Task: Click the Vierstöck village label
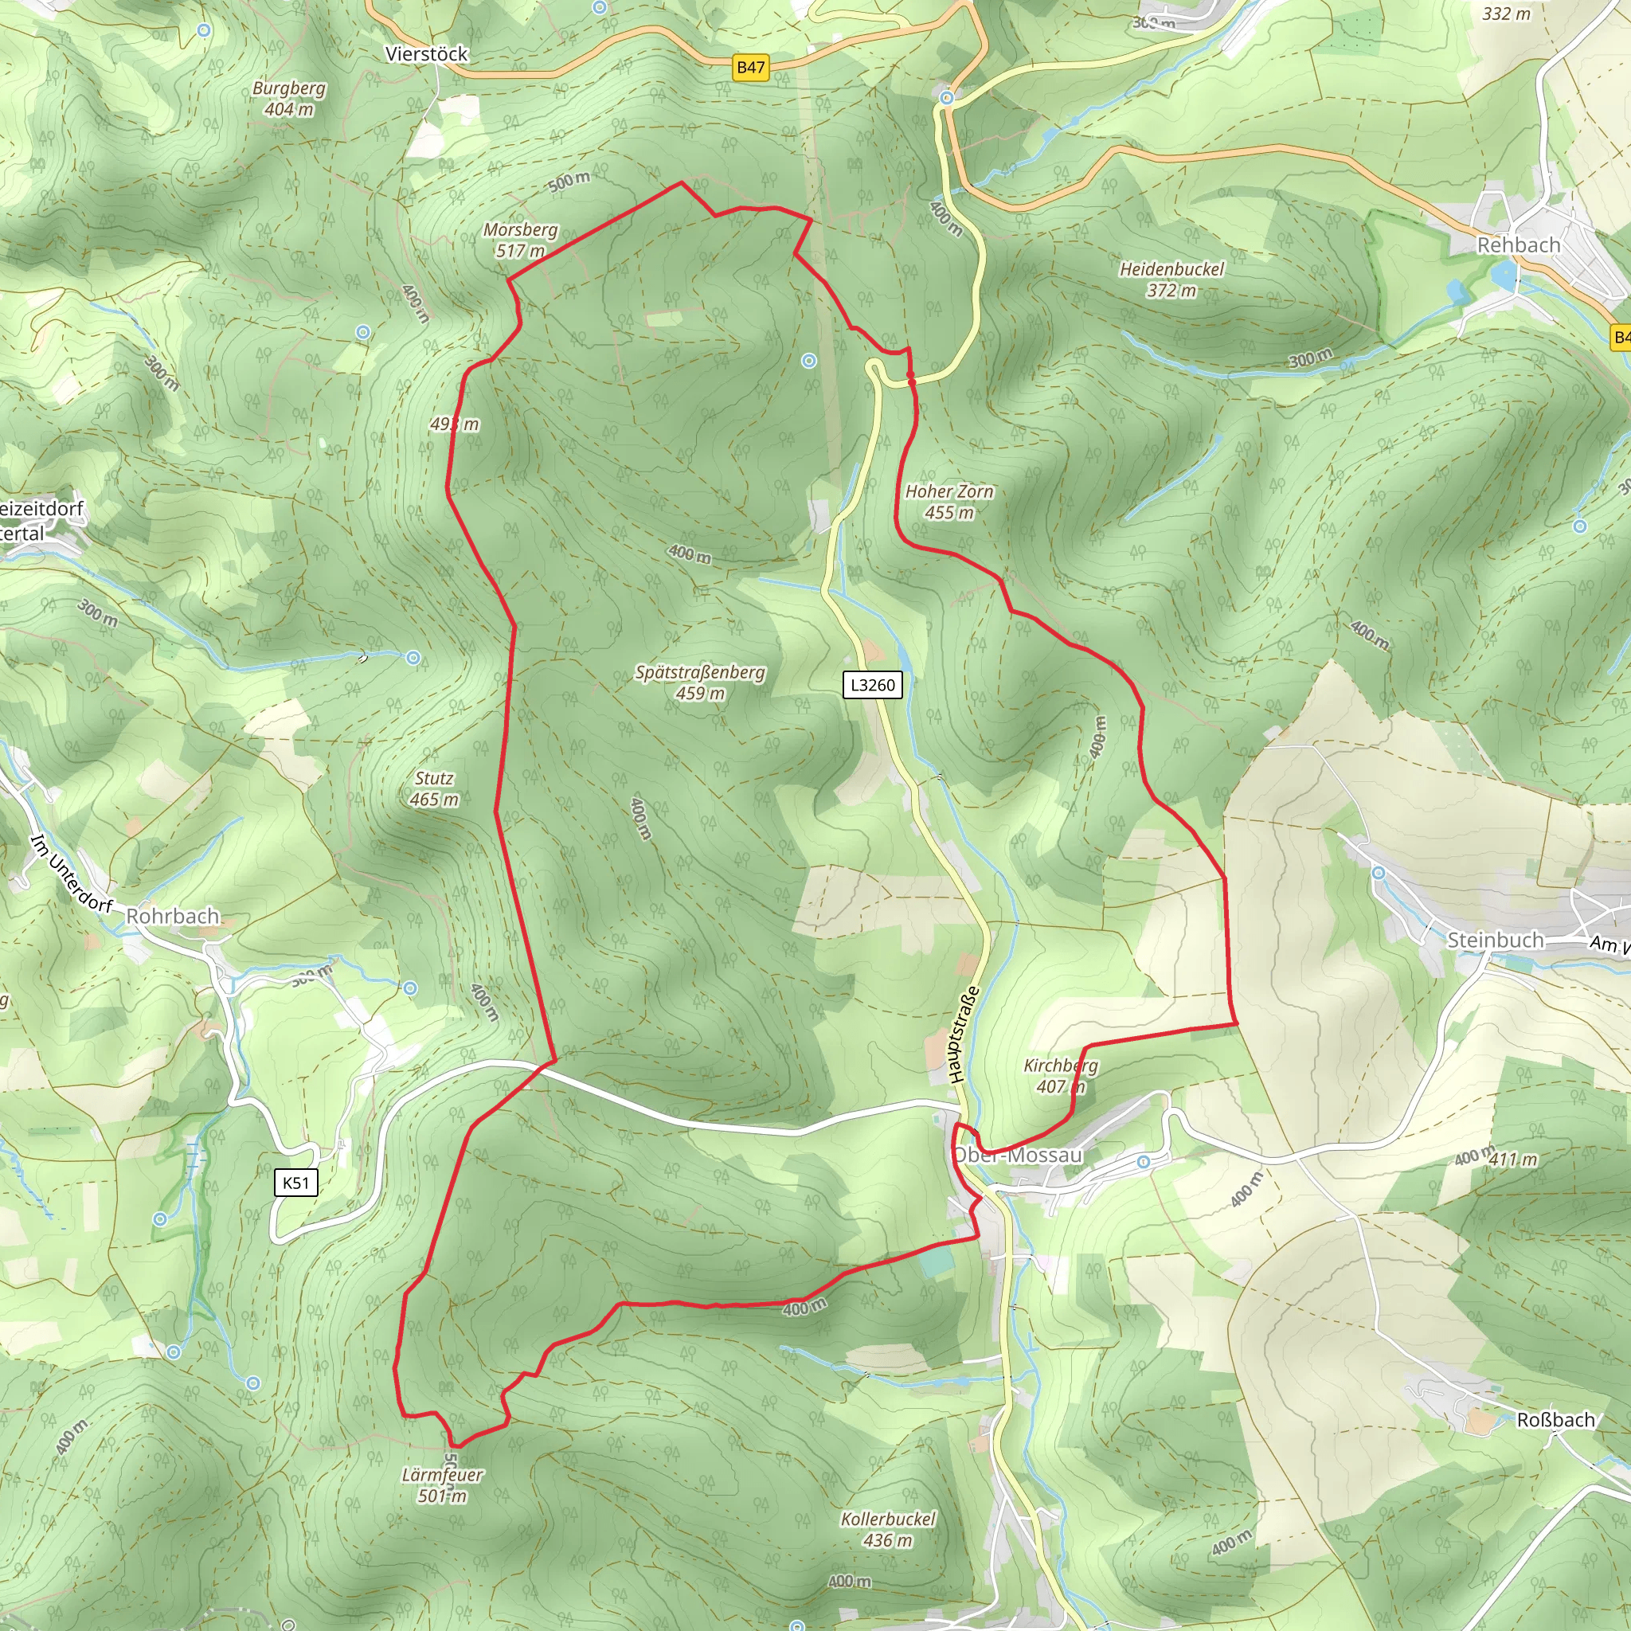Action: coord(426,54)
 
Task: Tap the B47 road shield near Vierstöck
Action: coord(750,68)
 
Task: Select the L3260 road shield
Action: coord(872,685)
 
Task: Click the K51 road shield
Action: coord(295,1183)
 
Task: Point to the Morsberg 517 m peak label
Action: coord(520,241)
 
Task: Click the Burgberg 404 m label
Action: coord(289,99)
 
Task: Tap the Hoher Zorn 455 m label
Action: coord(948,503)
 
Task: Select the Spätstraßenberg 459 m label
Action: coord(700,683)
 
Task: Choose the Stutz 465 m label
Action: coord(434,788)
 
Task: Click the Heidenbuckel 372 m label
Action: coord(1171,280)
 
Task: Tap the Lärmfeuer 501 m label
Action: coord(441,1485)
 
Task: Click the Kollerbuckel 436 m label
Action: coord(888,1529)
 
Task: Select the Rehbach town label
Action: coord(1518,244)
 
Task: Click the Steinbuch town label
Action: coord(1495,941)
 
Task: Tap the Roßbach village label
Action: coord(1556,1420)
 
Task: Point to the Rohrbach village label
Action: coord(172,917)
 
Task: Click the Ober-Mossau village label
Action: coord(1018,1155)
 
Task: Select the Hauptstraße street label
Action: coord(964,1035)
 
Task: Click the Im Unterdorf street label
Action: coord(71,873)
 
